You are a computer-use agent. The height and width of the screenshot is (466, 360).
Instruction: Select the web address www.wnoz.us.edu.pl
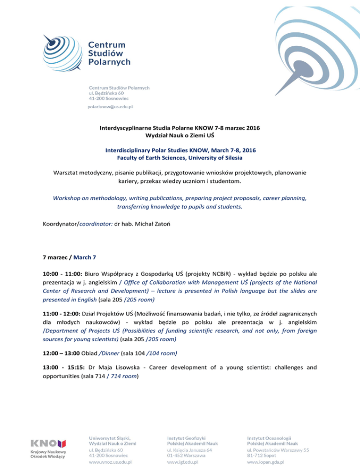click(x=110, y=461)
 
